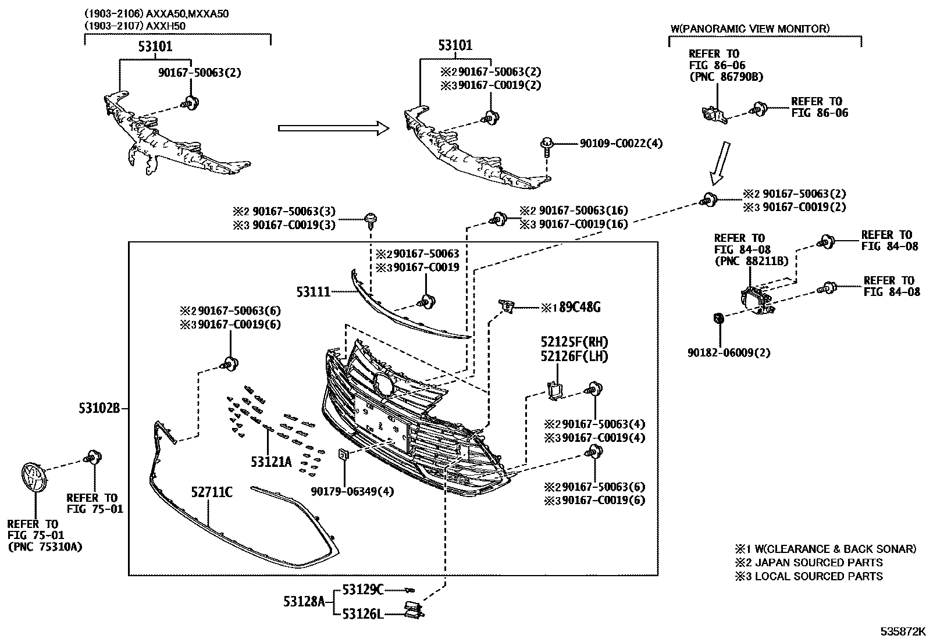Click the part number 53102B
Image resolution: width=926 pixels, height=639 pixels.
(x=99, y=409)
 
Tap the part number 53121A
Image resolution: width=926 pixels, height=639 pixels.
(x=271, y=462)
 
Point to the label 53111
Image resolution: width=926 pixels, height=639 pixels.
(x=313, y=291)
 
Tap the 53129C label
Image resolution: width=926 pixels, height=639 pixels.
(x=362, y=590)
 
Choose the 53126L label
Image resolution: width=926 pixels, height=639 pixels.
(x=362, y=613)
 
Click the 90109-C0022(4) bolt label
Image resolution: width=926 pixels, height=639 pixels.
(x=621, y=143)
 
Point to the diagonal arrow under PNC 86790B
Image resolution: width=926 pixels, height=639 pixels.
(x=720, y=161)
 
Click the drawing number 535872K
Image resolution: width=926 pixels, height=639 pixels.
(x=901, y=631)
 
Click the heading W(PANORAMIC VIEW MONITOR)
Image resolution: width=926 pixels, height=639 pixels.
(x=750, y=28)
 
